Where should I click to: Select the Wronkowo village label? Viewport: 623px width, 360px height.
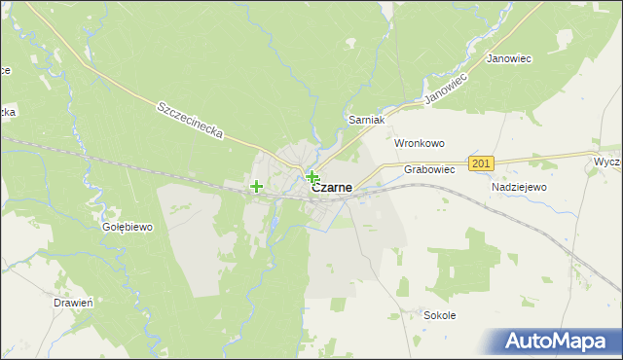(419, 143)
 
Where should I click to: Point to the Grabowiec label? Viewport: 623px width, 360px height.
(429, 168)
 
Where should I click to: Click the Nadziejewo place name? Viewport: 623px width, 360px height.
(520, 187)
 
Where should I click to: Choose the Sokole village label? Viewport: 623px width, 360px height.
(440, 315)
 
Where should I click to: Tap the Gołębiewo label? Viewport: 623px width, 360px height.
(128, 227)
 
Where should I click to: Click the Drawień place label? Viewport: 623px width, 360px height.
(73, 303)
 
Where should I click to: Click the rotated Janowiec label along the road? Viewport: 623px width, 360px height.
(448, 87)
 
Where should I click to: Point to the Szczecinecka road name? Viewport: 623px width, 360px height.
(191, 121)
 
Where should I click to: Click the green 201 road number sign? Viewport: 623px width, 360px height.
(481, 163)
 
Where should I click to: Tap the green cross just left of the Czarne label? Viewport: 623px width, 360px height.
(311, 176)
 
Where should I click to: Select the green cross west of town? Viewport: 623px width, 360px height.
(256, 186)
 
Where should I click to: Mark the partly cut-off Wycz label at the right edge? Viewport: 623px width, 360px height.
(607, 160)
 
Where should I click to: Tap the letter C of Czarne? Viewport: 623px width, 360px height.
(315, 189)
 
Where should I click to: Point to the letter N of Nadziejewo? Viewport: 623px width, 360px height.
(496, 187)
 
